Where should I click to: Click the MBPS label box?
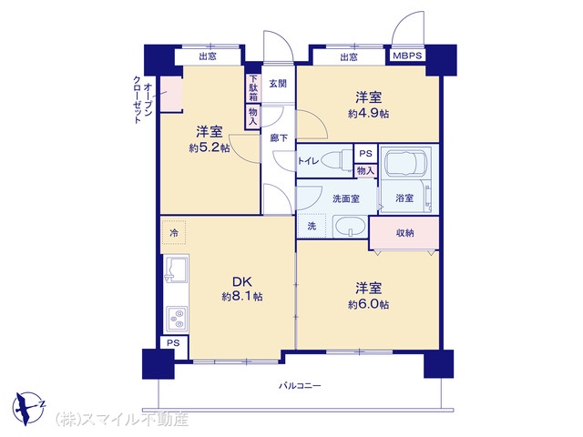407,56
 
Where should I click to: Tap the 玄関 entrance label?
278,84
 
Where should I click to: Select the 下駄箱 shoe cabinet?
253,88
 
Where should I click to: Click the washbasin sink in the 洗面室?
350,226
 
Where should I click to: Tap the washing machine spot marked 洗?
312,226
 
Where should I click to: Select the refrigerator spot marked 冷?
174,233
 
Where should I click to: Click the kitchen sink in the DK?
176,269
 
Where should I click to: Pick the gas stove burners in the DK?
177,318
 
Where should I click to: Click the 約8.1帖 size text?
242,297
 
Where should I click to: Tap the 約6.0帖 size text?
368,304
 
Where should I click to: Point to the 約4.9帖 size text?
368,113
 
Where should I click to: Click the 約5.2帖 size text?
209,147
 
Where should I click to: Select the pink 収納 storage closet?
404,233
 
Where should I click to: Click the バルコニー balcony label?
300,386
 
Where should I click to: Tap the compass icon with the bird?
28,408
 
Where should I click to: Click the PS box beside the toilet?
365,154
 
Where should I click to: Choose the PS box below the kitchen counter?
173,343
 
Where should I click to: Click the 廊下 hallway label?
279,137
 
